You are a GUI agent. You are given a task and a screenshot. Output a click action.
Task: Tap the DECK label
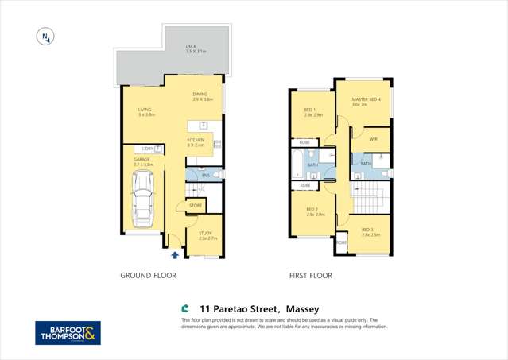click(191, 47)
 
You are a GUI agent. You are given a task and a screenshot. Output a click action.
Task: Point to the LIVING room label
click(145, 110)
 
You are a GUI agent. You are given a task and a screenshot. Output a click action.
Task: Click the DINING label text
click(200, 95)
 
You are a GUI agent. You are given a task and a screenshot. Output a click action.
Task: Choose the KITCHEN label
click(196, 141)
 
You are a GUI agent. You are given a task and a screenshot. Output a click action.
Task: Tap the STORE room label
click(196, 206)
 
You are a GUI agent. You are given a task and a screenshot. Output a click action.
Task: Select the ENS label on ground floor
click(205, 175)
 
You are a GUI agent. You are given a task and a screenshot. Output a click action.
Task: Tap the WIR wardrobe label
click(373, 139)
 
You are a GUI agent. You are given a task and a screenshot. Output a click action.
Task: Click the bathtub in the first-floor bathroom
click(297, 165)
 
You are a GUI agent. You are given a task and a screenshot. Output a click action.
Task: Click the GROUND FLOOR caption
click(148, 276)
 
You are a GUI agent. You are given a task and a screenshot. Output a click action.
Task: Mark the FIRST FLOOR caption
click(310, 276)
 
